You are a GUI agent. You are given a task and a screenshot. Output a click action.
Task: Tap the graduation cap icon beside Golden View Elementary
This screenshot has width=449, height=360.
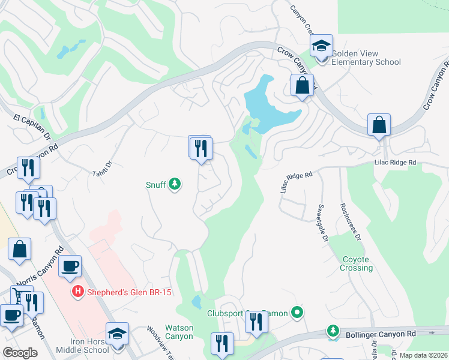(321, 46)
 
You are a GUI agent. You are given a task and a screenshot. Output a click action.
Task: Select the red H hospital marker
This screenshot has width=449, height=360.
(77, 292)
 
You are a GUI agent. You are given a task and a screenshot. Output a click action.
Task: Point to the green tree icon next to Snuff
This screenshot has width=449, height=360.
(175, 184)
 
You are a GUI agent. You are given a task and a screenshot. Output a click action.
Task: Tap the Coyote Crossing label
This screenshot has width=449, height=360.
(356, 263)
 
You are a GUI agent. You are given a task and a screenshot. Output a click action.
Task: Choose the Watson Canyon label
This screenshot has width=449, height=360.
(179, 332)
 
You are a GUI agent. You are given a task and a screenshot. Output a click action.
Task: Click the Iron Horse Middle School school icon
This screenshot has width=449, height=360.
(117, 334)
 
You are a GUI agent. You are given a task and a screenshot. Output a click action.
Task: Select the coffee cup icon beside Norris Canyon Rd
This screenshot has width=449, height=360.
(70, 266)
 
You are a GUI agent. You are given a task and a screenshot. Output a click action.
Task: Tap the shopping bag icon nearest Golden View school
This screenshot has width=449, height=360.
(302, 85)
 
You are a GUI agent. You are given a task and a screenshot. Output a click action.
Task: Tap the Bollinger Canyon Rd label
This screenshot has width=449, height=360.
(381, 333)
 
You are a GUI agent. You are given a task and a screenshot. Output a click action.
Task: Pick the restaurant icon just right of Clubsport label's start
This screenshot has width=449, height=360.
(256, 323)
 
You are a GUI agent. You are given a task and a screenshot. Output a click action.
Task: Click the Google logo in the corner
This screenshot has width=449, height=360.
(20, 353)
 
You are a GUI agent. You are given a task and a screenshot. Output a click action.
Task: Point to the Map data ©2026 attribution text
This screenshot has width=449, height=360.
(423, 355)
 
